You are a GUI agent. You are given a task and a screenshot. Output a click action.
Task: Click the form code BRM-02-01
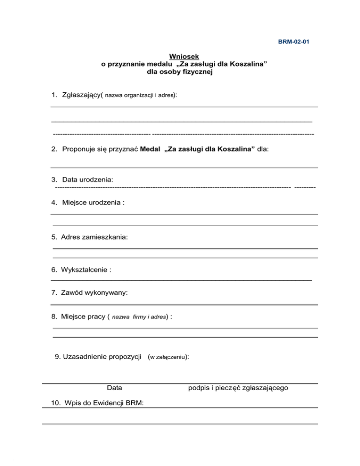tap(294, 42)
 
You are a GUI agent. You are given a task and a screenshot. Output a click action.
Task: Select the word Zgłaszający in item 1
tap(81, 95)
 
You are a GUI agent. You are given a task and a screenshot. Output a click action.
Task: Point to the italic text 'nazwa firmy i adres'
tap(139, 317)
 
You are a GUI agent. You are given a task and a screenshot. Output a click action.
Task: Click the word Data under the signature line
tap(114, 388)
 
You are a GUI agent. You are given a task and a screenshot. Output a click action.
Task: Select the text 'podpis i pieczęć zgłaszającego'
tap(238, 388)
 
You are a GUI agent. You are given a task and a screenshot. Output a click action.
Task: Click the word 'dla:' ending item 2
tap(263, 149)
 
